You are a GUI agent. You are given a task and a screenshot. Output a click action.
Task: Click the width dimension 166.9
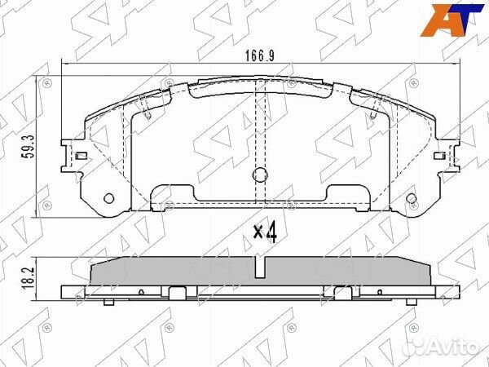260,56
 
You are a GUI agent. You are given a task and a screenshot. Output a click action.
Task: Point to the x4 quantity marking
266,232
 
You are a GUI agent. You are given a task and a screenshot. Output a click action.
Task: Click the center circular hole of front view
260,175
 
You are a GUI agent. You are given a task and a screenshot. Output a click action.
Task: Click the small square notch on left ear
81,156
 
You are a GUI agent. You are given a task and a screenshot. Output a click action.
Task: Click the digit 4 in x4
272,232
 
